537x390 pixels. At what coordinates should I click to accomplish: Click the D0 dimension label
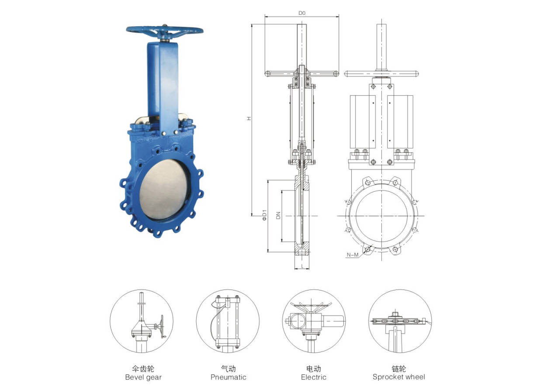[x=302, y=13]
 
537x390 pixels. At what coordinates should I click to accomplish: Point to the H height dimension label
[x=249, y=118]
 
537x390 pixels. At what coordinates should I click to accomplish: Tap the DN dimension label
[x=278, y=215]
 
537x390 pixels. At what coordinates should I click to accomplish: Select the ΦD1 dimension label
[x=264, y=215]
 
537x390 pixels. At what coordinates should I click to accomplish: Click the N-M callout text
[x=353, y=255]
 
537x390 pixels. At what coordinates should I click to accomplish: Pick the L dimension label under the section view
[x=302, y=266]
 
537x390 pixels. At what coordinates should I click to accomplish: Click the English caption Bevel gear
[x=143, y=377]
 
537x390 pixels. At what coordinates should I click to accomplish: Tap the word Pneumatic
[x=228, y=377]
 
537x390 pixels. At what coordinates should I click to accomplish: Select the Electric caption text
[x=314, y=377]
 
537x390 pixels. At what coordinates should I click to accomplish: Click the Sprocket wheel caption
[x=398, y=377]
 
